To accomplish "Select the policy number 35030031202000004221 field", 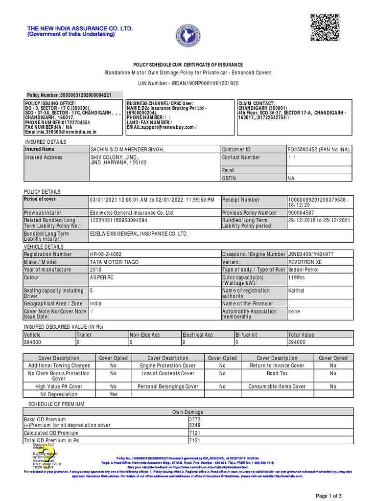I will tap(69, 95).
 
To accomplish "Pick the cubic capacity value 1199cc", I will tap(297, 277).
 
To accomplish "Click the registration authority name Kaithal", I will tap(296, 290).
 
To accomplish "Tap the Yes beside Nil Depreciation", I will tap(113, 394).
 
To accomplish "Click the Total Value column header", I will tap(301, 335).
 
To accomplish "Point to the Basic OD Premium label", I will tap(45, 420).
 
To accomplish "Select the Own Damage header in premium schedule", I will tap(188, 412).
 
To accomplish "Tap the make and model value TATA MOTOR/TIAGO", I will tap(115, 262).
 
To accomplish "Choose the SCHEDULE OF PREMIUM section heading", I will tap(56, 404).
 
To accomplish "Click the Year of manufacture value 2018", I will tap(95, 270).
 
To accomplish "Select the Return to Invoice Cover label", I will tap(277, 365).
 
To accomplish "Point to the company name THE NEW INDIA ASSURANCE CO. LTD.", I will tap(80, 29).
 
